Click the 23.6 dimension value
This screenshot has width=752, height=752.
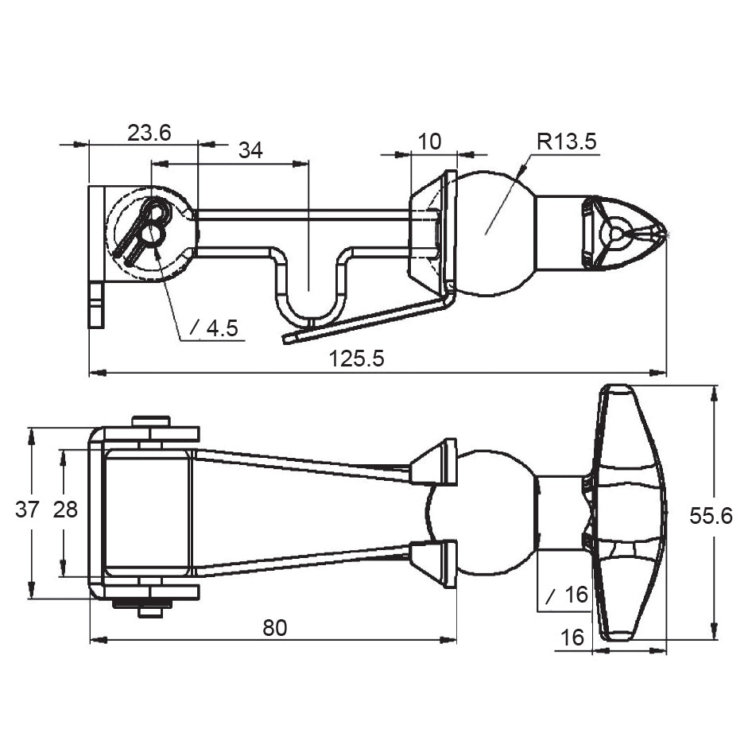tap(149, 133)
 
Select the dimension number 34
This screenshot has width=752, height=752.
tap(250, 151)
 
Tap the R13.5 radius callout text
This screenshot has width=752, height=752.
tap(566, 142)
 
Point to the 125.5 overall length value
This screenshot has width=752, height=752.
tap(357, 359)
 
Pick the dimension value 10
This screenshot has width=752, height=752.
tap(429, 141)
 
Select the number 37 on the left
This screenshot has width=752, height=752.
tap(27, 510)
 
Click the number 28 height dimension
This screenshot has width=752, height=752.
tap(65, 510)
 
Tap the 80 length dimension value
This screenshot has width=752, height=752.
tap(274, 628)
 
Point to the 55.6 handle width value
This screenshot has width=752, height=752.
tap(711, 516)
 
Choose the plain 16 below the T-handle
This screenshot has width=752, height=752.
tap(572, 638)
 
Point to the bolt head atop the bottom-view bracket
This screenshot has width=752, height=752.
tap(151, 421)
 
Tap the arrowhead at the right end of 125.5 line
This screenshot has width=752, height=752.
tap(659, 372)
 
